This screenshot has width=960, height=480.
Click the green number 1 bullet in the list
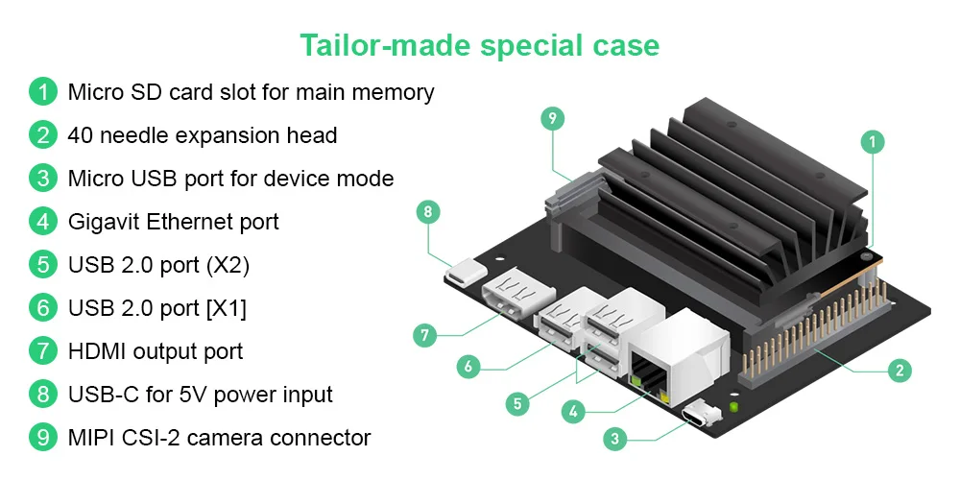43,92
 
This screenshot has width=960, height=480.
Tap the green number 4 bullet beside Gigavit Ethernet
43,221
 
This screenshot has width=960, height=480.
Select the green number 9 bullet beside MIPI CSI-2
43,437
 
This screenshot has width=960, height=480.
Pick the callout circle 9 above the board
553,118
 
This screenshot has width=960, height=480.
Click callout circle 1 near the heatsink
873,142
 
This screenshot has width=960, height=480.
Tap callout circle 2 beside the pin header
899,370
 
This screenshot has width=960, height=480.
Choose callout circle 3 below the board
614,439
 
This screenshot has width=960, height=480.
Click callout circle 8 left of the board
428,212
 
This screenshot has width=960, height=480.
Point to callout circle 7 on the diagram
425,335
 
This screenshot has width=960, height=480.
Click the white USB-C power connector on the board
466,272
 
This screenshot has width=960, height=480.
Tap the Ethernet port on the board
678,358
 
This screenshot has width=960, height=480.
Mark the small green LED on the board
733,406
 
